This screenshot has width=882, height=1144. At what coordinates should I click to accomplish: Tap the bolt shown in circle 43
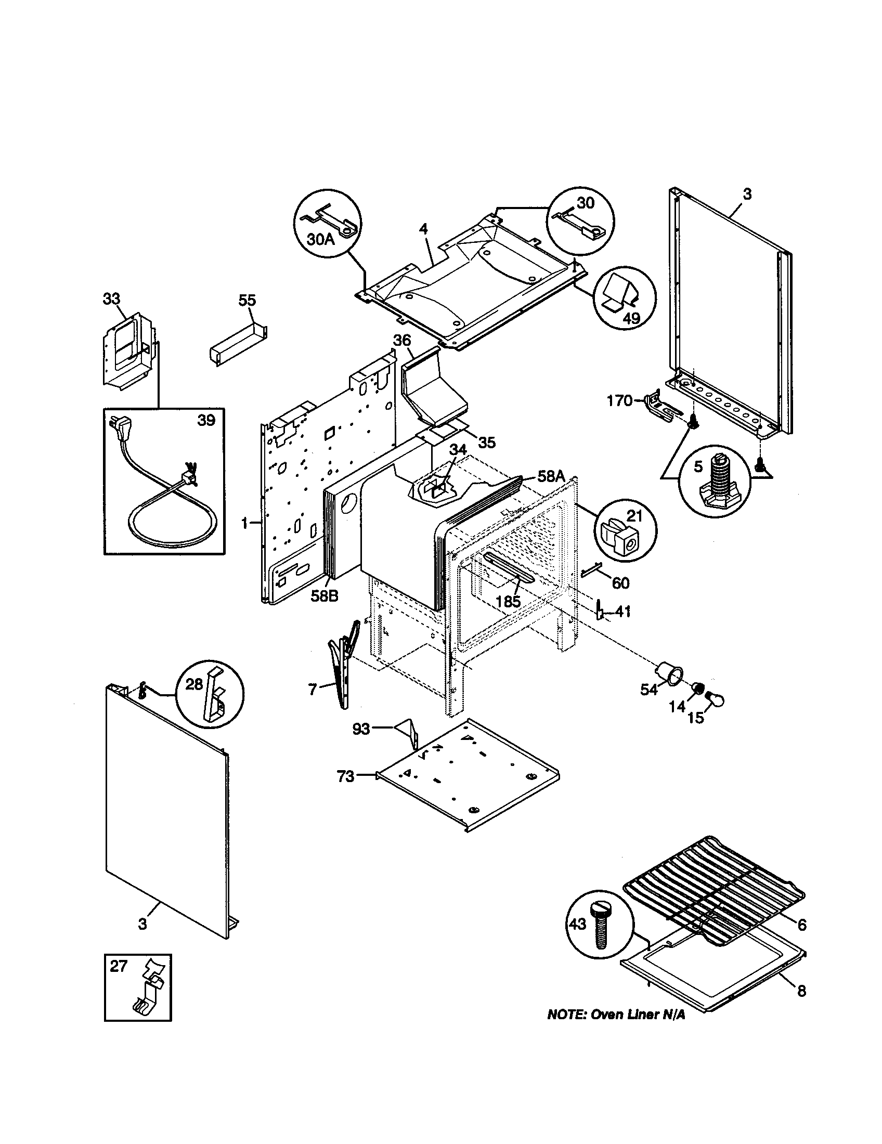[x=600, y=926]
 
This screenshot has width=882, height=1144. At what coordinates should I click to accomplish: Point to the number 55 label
[x=247, y=300]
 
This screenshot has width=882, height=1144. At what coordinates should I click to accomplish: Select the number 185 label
[x=508, y=601]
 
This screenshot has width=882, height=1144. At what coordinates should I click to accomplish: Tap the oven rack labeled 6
[x=712, y=885]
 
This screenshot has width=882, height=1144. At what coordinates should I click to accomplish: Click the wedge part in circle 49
[x=620, y=293]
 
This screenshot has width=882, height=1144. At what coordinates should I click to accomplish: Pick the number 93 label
[x=361, y=729]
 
